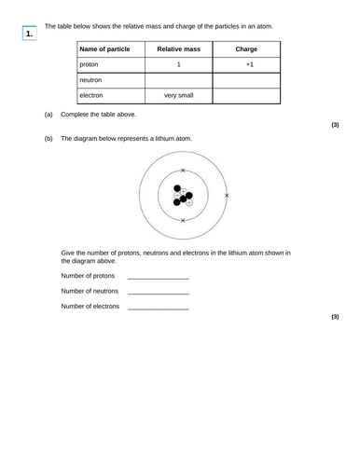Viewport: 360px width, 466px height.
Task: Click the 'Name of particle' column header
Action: tap(104, 48)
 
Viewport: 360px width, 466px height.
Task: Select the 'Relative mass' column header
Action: tap(178, 48)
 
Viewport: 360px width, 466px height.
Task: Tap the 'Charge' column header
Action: tap(246, 48)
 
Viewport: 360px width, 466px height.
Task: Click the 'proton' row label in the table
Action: tap(90, 64)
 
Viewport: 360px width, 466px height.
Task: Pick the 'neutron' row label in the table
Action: tap(92, 80)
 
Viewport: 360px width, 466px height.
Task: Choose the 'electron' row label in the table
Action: tap(93, 95)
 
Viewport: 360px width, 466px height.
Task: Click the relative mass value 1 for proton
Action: tap(178, 64)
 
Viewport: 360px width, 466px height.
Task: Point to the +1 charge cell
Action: tap(246, 64)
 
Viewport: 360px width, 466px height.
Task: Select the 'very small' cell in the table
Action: tap(178, 95)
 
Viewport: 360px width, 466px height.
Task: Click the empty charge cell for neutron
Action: tap(246, 80)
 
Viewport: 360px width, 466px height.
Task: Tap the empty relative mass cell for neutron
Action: tap(178, 80)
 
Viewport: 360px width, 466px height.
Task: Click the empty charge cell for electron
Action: tap(246, 95)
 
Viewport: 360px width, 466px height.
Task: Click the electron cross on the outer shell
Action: tap(227, 196)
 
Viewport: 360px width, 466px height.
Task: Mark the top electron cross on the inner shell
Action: tap(183, 171)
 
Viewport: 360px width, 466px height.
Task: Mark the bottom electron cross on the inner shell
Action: tap(183, 221)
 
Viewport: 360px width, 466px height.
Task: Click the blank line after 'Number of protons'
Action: tap(158, 278)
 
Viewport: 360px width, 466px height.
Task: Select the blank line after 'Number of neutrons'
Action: tap(158, 293)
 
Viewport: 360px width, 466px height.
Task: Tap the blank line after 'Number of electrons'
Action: tap(158, 308)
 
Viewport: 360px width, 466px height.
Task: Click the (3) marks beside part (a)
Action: tap(335, 124)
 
